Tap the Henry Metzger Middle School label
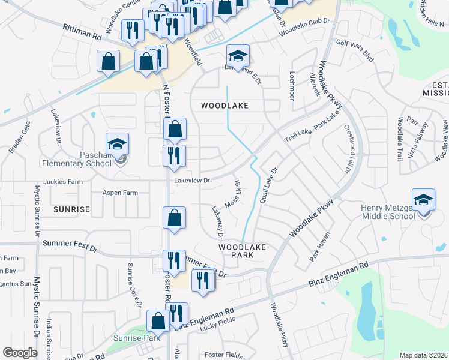point(388,212)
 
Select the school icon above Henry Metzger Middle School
point(423,200)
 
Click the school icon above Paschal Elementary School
point(118,144)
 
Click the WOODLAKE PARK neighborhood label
point(242,251)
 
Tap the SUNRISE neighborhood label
point(71,209)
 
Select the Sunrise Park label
point(137,338)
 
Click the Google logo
point(20,353)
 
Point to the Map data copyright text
point(423,355)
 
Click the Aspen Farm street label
point(120,193)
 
